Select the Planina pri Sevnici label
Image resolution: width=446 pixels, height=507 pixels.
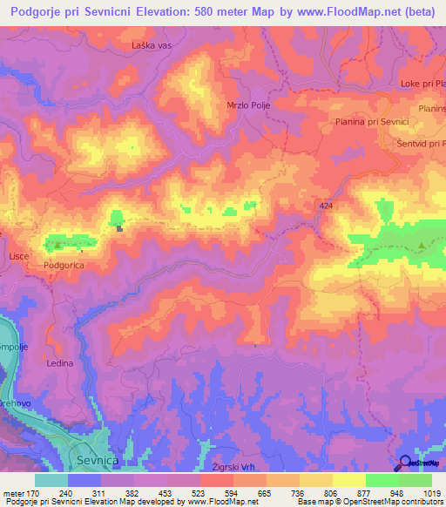[x=371, y=123]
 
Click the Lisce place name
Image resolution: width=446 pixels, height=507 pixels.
[x=20, y=258]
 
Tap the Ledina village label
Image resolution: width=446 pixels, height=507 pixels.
[x=60, y=362]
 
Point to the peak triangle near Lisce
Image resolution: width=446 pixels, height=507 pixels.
[x=57, y=246]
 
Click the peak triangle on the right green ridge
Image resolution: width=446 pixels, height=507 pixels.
[x=422, y=247]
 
